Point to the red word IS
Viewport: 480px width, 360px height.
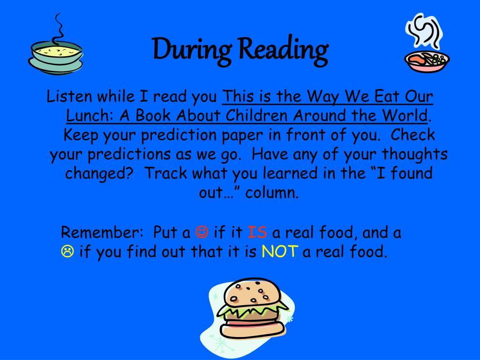click(257, 232)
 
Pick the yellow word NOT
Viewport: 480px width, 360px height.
click(280, 252)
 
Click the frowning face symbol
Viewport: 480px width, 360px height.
click(67, 252)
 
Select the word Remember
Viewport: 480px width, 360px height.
click(98, 232)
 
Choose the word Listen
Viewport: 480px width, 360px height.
click(69, 97)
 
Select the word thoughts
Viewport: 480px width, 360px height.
click(414, 154)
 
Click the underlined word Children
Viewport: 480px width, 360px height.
click(256, 115)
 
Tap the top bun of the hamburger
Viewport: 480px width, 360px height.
click(251, 291)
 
